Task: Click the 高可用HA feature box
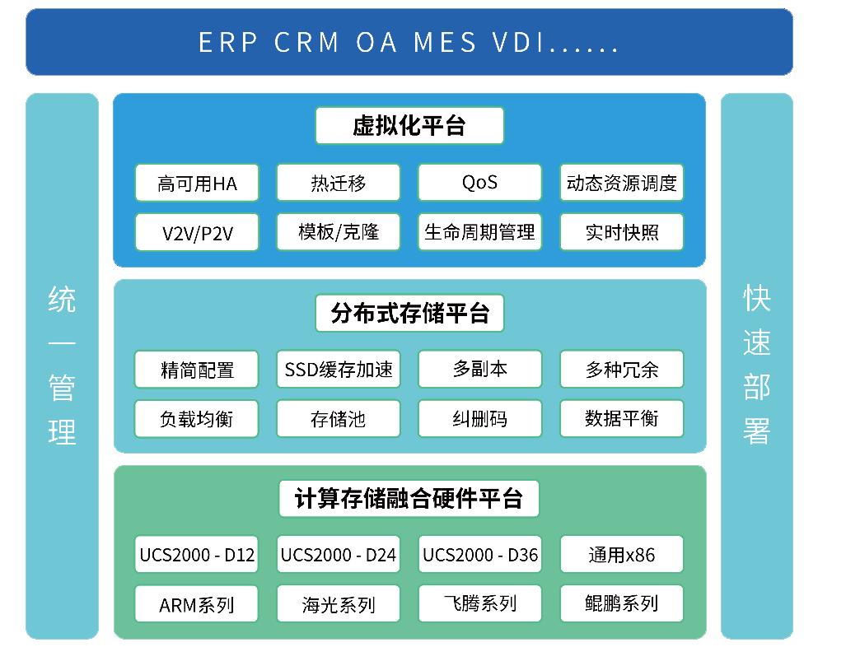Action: click(197, 183)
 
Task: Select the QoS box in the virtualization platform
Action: click(479, 182)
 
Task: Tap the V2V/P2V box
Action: click(197, 232)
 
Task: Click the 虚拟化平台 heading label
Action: click(409, 126)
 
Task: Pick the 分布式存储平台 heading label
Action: click(409, 313)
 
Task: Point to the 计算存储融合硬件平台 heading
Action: click(409, 499)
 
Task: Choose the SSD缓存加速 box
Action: click(339, 369)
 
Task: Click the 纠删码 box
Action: click(479, 418)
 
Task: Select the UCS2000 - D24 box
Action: click(339, 555)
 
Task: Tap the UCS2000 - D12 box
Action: click(197, 555)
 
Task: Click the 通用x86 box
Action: click(622, 555)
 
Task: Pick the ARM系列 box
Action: click(197, 604)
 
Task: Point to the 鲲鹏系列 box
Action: click(622, 604)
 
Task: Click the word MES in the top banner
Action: click(445, 43)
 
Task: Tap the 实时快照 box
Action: click(622, 232)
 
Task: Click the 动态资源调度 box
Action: click(622, 183)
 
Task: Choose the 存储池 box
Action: click(339, 418)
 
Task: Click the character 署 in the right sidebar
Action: click(756, 430)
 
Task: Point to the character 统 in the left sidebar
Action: click(63, 298)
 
